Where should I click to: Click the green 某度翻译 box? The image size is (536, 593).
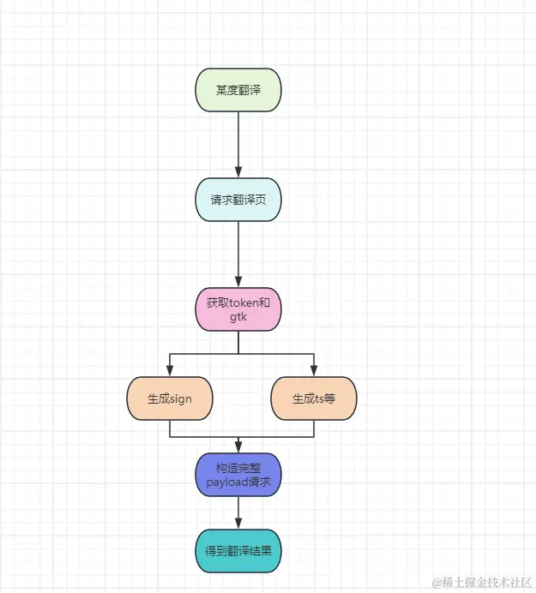point(238,90)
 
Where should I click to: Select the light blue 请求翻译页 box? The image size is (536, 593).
point(238,200)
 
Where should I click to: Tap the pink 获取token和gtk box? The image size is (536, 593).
point(238,309)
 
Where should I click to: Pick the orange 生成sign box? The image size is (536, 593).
point(169,398)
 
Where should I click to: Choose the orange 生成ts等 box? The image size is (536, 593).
point(313,398)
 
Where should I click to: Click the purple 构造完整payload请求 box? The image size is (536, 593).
point(238,475)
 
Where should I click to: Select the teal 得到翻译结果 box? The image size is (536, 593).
point(238,551)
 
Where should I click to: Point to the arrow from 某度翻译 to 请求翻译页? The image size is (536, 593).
point(238,144)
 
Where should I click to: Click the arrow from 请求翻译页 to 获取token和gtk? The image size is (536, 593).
point(238,254)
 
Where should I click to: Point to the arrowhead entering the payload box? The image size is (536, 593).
point(238,447)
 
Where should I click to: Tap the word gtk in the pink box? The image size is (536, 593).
point(238,316)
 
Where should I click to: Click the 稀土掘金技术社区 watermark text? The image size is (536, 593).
point(489,583)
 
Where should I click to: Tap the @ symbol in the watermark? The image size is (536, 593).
point(437,583)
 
